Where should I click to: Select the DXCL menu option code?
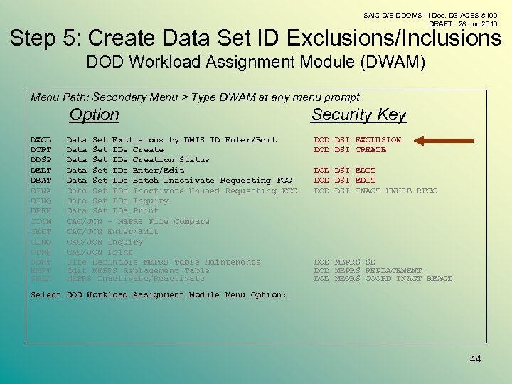tap(41, 139)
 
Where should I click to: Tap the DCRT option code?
tap(41, 150)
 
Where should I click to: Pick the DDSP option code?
tap(41, 160)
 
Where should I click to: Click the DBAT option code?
tap(41, 181)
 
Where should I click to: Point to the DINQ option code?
tap(41, 201)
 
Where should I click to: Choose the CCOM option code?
tap(41, 221)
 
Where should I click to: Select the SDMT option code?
tap(41, 262)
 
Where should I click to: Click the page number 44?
tap(475, 358)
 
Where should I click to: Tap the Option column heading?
tap(94, 114)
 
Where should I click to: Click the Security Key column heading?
tap(358, 115)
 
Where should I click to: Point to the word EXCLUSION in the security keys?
tap(378, 139)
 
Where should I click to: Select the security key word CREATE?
tap(370, 150)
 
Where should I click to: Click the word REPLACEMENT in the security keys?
tap(393, 270)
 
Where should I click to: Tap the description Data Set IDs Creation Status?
tap(138, 160)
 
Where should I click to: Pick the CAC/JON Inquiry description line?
tap(105, 242)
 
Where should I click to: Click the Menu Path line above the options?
tap(195, 97)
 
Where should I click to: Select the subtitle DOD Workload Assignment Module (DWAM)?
tap(255, 63)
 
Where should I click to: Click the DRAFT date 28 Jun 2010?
tap(462, 23)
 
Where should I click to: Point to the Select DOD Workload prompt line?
tap(159, 294)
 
